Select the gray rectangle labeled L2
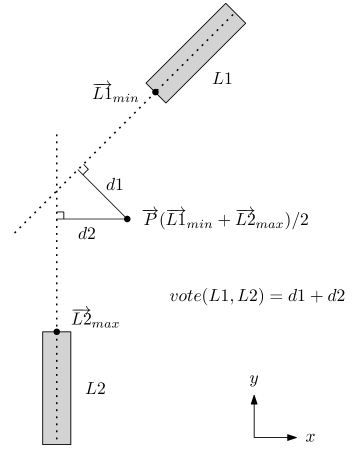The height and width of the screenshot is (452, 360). [56, 386]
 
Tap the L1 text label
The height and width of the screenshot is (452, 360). [222, 78]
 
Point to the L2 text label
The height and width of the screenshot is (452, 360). [96, 388]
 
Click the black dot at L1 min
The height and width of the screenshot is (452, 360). [155, 92]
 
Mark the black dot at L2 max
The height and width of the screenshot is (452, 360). [57, 331]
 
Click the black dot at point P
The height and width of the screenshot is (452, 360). [127, 218]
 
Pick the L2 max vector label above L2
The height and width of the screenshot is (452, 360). [96, 319]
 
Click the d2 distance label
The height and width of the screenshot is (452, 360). [87, 234]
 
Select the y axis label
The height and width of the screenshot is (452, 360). [255, 379]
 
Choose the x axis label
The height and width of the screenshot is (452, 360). [310, 437]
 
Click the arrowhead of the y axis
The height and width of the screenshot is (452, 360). [255, 398]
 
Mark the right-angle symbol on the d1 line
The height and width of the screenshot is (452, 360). [83, 169]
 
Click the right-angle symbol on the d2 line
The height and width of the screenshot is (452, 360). [61, 214]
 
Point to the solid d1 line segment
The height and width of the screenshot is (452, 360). [103, 194]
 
